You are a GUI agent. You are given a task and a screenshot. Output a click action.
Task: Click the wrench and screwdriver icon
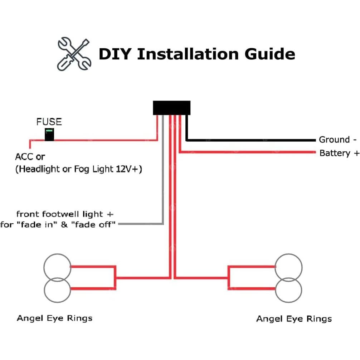click(x=74, y=54)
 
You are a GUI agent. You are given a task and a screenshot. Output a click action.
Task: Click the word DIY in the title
click(x=114, y=54)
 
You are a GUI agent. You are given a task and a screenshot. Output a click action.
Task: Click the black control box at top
click(x=171, y=108)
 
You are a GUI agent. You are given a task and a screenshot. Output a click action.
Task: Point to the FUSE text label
click(x=49, y=122)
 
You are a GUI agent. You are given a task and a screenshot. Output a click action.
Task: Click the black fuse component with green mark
click(x=49, y=135)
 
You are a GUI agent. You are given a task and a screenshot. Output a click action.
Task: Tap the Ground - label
click(x=337, y=140)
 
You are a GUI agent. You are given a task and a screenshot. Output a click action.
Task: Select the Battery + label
click(x=339, y=153)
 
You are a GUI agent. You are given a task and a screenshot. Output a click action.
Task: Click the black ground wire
click(x=250, y=140)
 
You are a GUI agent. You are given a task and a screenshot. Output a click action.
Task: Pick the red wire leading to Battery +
click(x=250, y=152)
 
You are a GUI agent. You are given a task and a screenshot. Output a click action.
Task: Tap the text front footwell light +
click(x=65, y=214)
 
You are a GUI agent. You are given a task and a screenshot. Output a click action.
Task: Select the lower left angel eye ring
click(x=57, y=290)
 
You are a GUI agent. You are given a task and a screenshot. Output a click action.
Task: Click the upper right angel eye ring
click(x=289, y=267)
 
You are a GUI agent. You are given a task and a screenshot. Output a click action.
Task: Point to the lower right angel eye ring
click(x=289, y=290)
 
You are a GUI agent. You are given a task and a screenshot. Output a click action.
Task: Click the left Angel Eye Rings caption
click(x=54, y=318)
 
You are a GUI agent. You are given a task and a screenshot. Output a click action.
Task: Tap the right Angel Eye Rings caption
click(x=294, y=318)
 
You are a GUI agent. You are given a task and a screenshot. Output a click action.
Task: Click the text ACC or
click(x=30, y=157)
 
